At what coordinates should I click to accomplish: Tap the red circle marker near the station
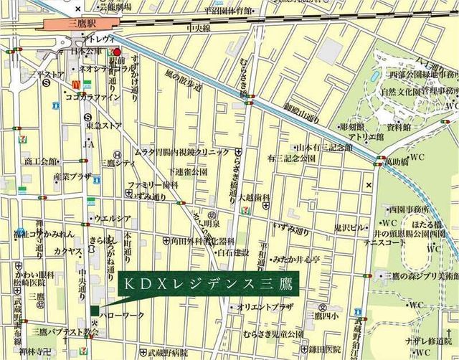(x=117, y=52)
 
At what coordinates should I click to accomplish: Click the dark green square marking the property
(x=95, y=310)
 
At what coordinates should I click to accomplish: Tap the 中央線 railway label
(x=198, y=29)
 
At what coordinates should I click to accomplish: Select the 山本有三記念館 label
(x=324, y=147)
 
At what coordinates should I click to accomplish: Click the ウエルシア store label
(x=111, y=218)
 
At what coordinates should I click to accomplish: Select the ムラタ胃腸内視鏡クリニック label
(x=182, y=152)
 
